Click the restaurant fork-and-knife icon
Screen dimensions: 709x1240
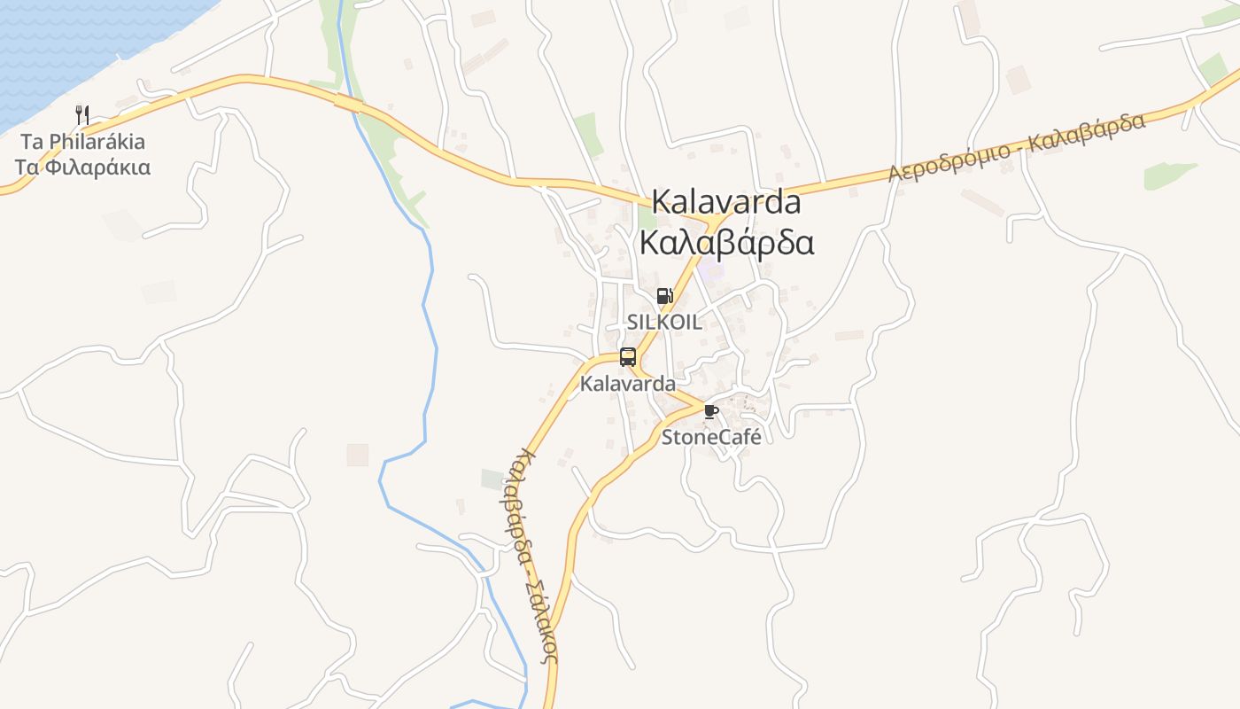pos(82,114)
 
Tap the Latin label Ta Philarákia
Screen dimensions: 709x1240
pos(82,141)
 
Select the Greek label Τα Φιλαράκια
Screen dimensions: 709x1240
pos(82,167)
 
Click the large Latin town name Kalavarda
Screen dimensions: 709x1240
pos(726,202)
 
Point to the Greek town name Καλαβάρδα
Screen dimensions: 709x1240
pos(726,242)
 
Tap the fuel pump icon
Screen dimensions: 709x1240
pos(664,296)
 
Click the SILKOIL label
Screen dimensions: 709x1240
pos(664,322)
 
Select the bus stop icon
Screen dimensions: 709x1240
pos(628,357)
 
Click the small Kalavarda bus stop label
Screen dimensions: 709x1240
pos(627,384)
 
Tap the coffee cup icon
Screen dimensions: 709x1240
pos(710,411)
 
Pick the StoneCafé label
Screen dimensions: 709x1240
pos(711,436)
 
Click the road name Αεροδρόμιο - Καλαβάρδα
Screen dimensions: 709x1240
pos(1017,147)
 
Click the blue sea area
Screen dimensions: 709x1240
pos(71,44)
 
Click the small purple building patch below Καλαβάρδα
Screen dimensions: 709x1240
pos(711,269)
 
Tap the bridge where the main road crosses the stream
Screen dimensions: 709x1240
pos(348,103)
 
